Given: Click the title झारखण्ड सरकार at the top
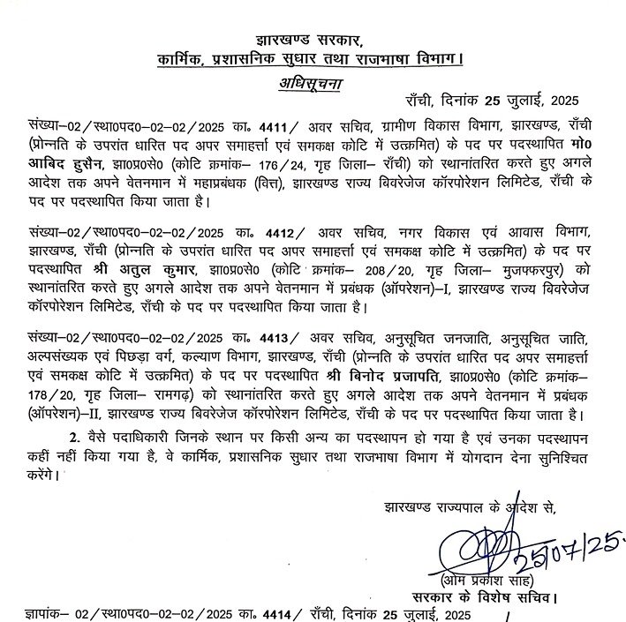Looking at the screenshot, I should click(309, 40).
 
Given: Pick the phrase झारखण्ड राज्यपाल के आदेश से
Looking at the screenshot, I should click(471, 509).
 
